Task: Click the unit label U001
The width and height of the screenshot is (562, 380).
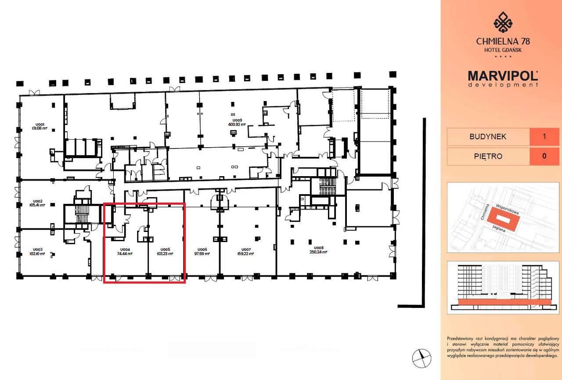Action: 39,124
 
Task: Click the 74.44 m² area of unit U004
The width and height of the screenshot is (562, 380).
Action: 125,253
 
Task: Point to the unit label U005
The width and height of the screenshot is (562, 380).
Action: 165,249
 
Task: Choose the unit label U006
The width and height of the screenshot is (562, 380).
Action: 202,249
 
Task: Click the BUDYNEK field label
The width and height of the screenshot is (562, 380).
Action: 488,137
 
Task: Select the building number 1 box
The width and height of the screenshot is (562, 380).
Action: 544,137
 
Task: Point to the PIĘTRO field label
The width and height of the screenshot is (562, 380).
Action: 488,156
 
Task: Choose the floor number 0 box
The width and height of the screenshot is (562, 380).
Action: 544,156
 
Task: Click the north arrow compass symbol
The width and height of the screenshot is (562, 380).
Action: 421,358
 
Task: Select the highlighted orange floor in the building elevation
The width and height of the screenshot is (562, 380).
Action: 502,302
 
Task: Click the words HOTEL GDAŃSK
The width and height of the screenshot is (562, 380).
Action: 503,50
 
